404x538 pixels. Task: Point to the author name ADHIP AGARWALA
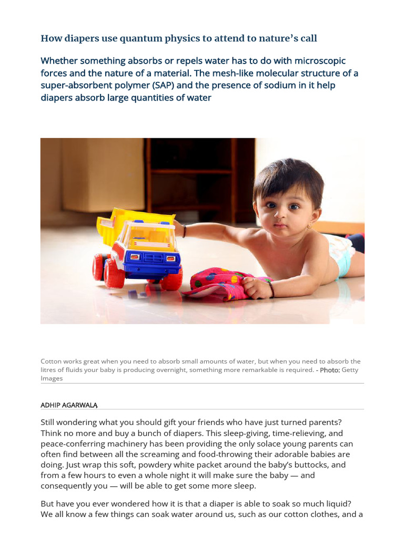click(69, 405)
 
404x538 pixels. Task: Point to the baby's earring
click(309, 226)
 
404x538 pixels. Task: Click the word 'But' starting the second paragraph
click(48, 503)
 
